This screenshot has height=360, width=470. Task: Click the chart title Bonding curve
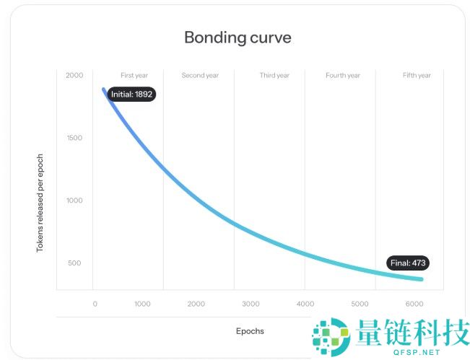tap(238, 38)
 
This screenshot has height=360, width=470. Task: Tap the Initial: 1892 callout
tap(132, 94)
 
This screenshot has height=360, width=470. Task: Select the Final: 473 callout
tap(408, 263)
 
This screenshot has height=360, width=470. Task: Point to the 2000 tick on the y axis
tap(74, 75)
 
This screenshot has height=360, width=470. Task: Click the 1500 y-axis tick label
tap(74, 138)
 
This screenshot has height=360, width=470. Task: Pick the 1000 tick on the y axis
tap(74, 200)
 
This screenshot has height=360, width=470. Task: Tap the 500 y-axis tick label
tap(75, 263)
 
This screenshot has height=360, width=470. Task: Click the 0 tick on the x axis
tap(95, 304)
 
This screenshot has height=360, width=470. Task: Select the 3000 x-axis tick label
tap(251, 304)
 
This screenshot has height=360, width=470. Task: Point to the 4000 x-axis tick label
tap(305, 304)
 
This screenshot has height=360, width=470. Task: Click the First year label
tap(134, 75)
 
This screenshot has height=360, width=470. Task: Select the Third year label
tap(274, 75)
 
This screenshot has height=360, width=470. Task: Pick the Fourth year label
tap(343, 75)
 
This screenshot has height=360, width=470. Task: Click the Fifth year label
tap(417, 75)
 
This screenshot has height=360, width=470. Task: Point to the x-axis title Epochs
tap(250, 331)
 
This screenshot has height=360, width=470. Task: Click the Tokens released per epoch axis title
tap(40, 203)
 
